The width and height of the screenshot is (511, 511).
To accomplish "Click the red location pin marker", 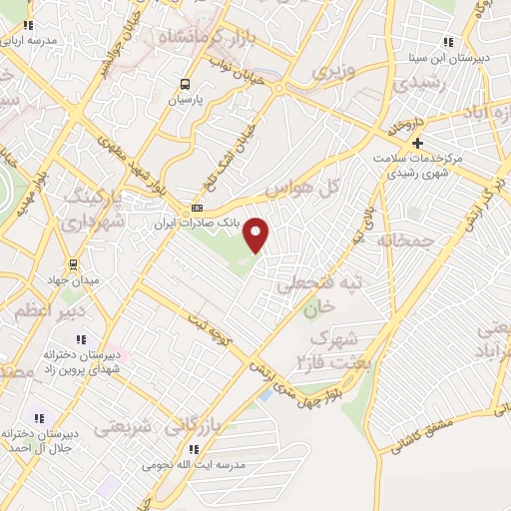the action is (x=256, y=235).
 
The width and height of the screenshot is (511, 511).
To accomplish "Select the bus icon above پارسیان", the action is (x=185, y=85).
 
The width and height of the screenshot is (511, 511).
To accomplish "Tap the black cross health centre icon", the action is (x=418, y=143).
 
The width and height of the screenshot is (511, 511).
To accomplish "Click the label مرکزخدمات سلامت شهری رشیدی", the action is (x=418, y=165).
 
